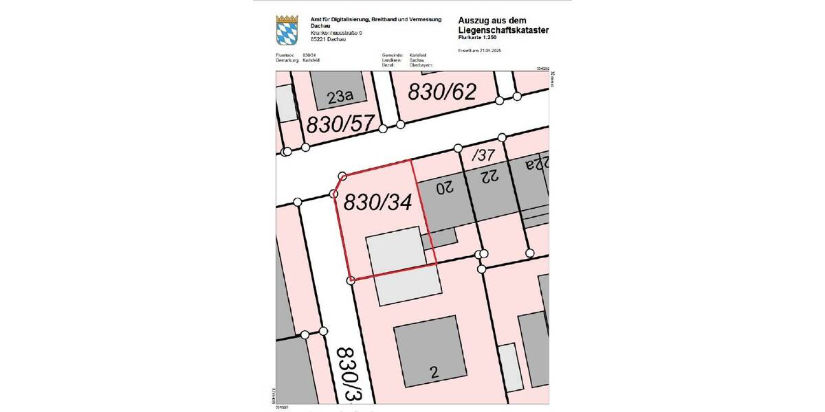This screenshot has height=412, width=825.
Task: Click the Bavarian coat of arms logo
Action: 287,30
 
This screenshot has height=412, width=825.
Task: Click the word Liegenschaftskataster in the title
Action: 503,30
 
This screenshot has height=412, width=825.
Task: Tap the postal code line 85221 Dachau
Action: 328,39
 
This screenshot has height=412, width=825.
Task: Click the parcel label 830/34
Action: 377,203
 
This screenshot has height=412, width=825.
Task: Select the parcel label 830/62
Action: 442,91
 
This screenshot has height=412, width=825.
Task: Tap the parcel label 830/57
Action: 340,124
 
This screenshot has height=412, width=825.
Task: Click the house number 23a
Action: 340,98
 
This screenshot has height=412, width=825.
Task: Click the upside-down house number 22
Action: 489,177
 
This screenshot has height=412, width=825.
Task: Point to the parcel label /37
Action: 483,155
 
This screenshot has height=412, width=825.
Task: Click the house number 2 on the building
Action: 434,373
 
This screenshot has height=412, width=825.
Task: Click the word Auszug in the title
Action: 475,21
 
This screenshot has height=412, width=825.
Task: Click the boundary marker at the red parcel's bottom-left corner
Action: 351,279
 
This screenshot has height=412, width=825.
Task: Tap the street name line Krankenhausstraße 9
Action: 335,33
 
